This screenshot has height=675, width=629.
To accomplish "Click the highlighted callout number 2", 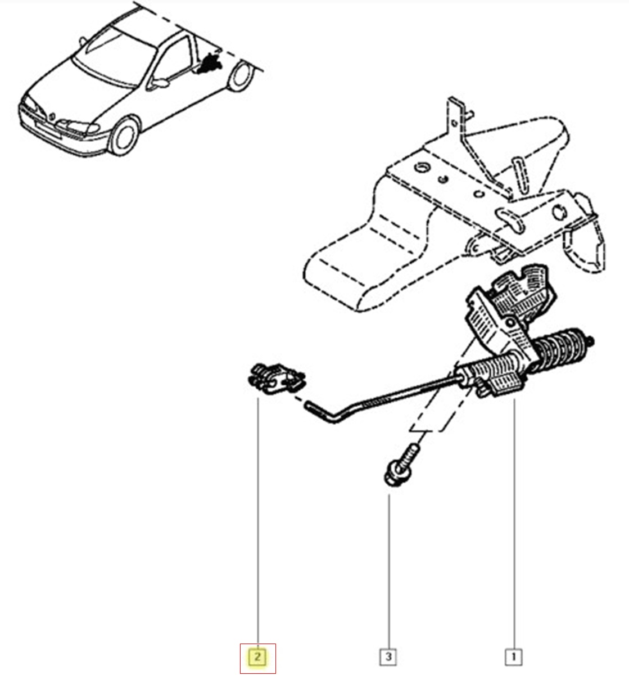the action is tap(257, 657).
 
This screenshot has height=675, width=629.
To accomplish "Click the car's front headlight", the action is tap(79, 127).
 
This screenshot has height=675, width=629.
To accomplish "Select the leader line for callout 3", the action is tap(389, 571).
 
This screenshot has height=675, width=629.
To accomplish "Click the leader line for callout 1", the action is tap(514, 524).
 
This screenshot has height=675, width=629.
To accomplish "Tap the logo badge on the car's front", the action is tap(52, 116).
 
